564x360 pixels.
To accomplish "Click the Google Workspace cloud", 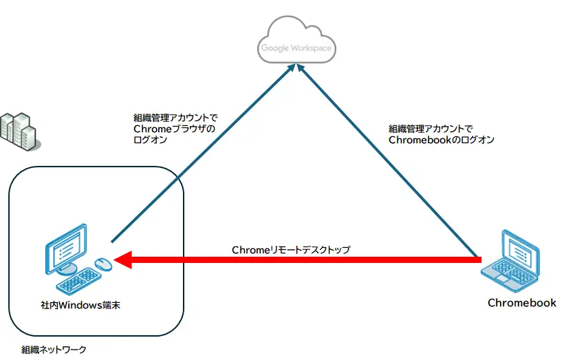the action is point(296,40).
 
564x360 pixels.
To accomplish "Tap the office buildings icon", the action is point(20,131).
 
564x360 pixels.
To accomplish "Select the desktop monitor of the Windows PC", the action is point(67,249).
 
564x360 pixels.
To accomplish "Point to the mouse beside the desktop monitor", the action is point(104,264).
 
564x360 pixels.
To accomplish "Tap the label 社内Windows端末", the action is point(80,306).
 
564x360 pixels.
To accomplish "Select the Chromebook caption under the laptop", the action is point(522,303).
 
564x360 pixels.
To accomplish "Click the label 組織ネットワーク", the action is point(54,350).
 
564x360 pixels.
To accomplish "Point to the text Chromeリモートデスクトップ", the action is point(291,250).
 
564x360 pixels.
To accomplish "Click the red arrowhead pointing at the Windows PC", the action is point(122,260).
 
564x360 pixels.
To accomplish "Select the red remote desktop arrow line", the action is point(297,260).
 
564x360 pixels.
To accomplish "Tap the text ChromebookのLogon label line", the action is point(442,140).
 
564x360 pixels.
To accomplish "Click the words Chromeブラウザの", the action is point(175,129).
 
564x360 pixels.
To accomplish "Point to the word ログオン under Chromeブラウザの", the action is point(151,140).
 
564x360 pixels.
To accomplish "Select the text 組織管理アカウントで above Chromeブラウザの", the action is point(175,118).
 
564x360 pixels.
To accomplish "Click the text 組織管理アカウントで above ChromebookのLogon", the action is point(431,129).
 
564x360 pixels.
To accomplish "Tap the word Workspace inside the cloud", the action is point(312,48).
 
